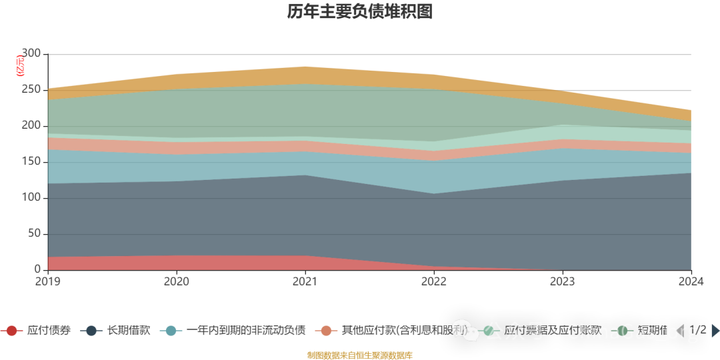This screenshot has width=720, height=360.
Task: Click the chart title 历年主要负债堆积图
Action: coord(360,12)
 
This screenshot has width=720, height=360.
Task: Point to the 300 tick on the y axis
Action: coord(31,53)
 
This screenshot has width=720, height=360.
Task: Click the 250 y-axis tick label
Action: coord(31,90)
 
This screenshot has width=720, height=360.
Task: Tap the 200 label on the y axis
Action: coord(31,126)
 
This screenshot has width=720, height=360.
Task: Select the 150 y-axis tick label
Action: coord(31,162)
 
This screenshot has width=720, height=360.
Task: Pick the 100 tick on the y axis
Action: coord(31,198)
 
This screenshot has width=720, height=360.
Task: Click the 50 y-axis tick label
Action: coord(34,234)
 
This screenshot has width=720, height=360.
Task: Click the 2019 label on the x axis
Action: coord(47,281)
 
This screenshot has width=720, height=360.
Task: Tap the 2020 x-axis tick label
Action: coord(176,281)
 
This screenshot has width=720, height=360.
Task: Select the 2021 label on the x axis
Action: coord(305,281)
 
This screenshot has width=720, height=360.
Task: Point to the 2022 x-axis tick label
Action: coord(434,281)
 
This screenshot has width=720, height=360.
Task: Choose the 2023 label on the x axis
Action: coord(563,281)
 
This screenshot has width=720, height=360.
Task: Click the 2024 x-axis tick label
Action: coord(691,281)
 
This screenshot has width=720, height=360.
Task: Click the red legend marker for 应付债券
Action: coord(11,331)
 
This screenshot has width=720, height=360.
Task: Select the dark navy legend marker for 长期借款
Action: coord(92,331)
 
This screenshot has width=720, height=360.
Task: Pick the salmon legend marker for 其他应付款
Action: coord(326,331)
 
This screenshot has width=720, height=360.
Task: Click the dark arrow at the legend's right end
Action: coord(715,331)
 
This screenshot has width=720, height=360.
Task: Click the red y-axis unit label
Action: coord(20,65)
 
